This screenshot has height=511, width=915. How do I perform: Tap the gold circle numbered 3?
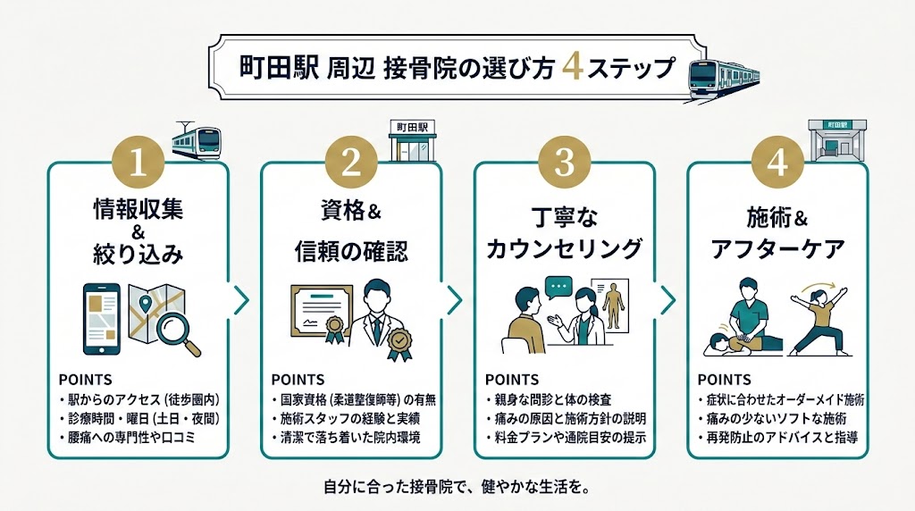pyautogui.click(x=564, y=163)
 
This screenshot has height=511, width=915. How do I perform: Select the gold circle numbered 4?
pyautogui.click(x=777, y=163)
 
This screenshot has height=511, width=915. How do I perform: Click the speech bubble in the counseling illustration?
pyautogui.click(x=558, y=289)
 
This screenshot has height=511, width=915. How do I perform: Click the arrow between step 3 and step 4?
pyautogui.click(x=667, y=301)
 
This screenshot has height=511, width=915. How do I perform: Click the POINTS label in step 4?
pyautogui.click(x=724, y=380)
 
